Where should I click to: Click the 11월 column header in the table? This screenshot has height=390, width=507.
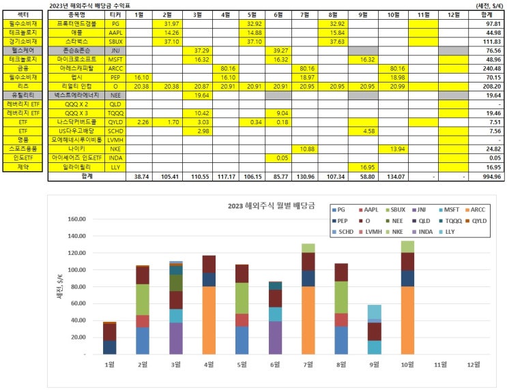[x=423, y=14]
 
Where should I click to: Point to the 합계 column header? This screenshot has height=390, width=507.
[x=486, y=14]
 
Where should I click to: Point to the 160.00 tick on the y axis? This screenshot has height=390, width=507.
[x=76, y=220]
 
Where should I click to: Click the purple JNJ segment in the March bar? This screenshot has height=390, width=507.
[x=176, y=338]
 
